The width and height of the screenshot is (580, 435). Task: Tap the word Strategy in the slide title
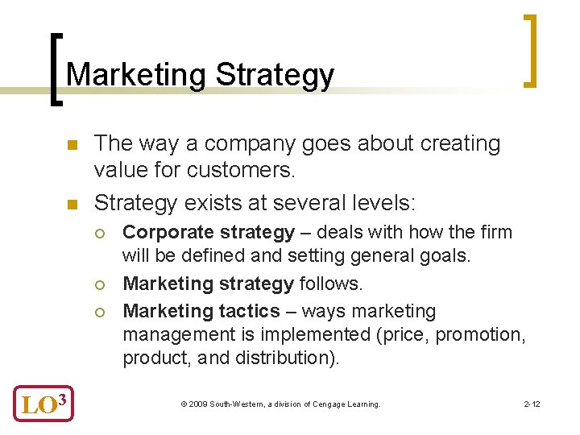(275, 75)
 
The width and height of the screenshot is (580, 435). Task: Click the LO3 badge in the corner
(43, 403)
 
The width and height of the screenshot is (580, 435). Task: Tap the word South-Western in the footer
(233, 404)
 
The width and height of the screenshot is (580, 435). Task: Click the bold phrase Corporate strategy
(209, 233)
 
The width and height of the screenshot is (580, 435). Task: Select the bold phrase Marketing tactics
(201, 312)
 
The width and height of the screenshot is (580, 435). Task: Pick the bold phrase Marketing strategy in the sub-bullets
(209, 284)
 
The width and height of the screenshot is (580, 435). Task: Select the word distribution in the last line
(284, 358)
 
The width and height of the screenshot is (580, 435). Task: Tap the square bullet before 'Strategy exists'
(72, 198)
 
